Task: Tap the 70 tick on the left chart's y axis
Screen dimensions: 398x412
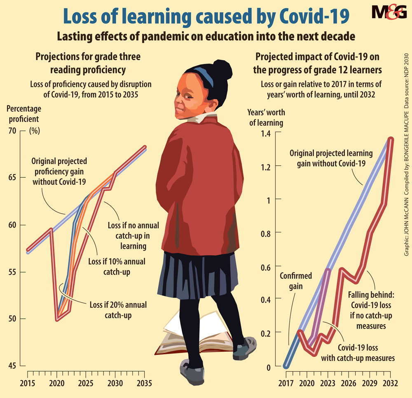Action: tap(14, 131)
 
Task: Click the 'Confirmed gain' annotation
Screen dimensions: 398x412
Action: tap(296, 280)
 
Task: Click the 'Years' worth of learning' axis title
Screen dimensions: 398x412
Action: tap(266, 117)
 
